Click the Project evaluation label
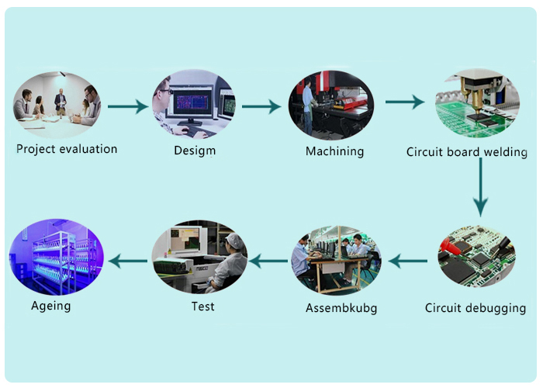tap(67, 149)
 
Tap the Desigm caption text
tap(195, 151)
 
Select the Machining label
tap(334, 151)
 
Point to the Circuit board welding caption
tap(466, 152)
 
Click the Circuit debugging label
tap(475, 308)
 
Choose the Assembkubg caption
tap(341, 308)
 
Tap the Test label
tap(203, 307)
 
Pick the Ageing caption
tap(51, 307)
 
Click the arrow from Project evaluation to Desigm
tap(128, 106)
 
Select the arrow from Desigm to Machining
tap(261, 106)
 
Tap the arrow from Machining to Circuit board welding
tap(405, 102)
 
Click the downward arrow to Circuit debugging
tap(481, 188)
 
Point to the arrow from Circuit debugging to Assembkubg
tap(407, 261)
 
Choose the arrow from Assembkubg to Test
tap(268, 261)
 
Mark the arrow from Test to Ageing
tap(128, 261)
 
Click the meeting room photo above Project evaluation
tap(57, 105)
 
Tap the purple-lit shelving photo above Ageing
tap(56, 257)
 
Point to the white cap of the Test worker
tap(235, 241)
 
